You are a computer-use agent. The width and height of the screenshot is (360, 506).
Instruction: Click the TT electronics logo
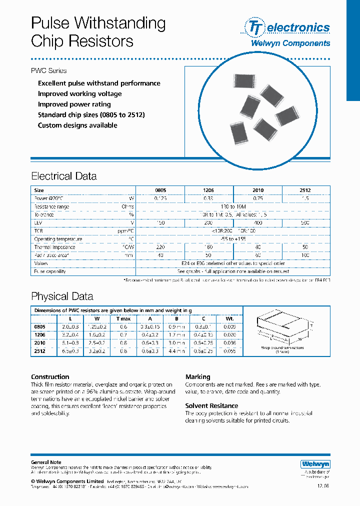click(287, 27)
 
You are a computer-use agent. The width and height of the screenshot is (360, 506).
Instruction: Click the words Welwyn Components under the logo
click(290, 43)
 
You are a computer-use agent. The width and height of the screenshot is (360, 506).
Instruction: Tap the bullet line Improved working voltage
click(79, 94)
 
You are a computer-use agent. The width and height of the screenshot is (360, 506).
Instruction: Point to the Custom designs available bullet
click(77, 125)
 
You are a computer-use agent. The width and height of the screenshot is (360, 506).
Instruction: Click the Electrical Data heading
click(64, 176)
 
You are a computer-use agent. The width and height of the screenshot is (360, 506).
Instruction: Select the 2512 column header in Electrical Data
click(306, 190)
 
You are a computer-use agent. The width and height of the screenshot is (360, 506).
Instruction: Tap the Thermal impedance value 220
click(160, 247)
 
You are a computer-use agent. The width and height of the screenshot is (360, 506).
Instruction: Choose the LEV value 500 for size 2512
click(306, 222)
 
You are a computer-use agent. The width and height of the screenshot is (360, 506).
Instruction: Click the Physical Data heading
click(62, 296)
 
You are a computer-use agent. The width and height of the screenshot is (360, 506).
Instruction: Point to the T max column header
click(123, 318)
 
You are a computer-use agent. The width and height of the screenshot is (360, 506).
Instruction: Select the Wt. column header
click(230, 318)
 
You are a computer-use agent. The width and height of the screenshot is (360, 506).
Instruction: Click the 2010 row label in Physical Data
click(39, 343)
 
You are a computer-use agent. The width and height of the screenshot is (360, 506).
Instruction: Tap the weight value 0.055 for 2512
click(230, 351)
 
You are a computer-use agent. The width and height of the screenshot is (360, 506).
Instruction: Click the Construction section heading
click(50, 377)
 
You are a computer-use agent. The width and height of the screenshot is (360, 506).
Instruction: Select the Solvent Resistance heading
click(211, 406)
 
